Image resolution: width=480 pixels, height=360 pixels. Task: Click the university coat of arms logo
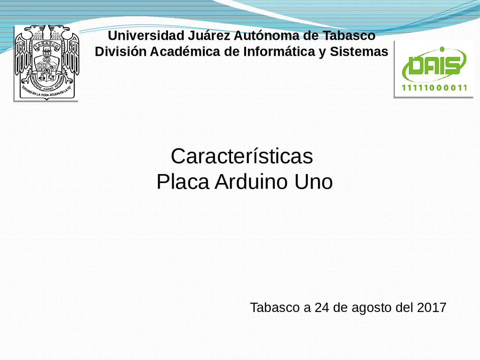tap(46, 62)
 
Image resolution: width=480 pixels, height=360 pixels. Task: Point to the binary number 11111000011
tap(434, 88)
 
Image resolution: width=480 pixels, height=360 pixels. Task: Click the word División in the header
tap(120, 51)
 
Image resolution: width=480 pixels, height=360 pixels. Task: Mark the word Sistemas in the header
tap(359, 51)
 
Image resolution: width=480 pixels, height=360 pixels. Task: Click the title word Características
tap(242, 156)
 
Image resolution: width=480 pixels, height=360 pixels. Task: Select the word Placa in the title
tap(183, 182)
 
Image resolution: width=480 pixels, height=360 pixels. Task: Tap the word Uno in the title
tap(313, 182)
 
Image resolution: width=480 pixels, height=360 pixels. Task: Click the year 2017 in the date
tap(431, 307)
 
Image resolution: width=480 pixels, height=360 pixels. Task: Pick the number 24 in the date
tap(322, 307)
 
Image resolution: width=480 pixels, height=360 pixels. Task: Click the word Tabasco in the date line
tap(275, 307)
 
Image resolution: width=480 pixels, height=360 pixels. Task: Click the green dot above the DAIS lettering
tap(442, 49)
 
